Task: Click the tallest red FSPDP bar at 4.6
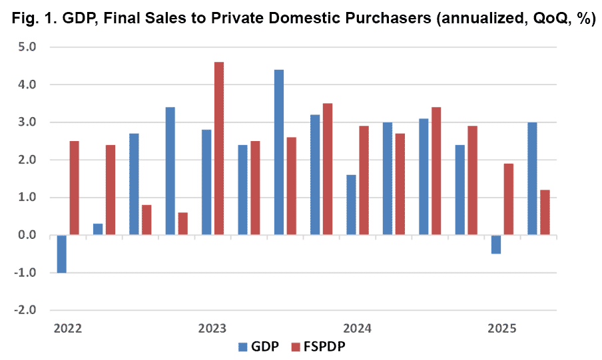(x=219, y=148)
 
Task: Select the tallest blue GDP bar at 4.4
(x=279, y=152)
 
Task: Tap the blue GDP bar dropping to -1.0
(x=62, y=254)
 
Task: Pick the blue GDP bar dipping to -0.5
(x=496, y=244)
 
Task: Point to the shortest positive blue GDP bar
(x=98, y=230)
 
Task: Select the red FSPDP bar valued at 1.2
(x=545, y=212)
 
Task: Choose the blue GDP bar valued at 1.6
(x=352, y=205)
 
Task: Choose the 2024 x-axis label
(x=357, y=328)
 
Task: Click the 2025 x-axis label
(x=501, y=328)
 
